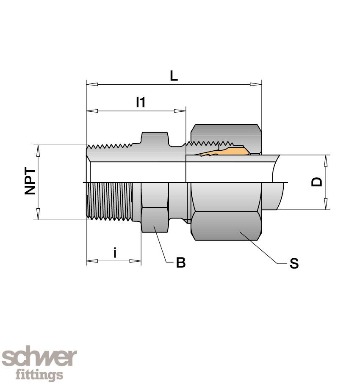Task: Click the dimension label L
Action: (174, 76)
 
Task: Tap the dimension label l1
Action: (140, 102)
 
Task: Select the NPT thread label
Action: (30, 182)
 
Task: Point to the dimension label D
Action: (317, 182)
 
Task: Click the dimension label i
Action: (115, 253)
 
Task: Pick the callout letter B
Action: (181, 263)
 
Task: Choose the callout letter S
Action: (294, 264)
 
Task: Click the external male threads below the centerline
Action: (110, 201)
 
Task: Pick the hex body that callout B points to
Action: (154, 220)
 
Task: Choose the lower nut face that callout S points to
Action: (226, 226)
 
